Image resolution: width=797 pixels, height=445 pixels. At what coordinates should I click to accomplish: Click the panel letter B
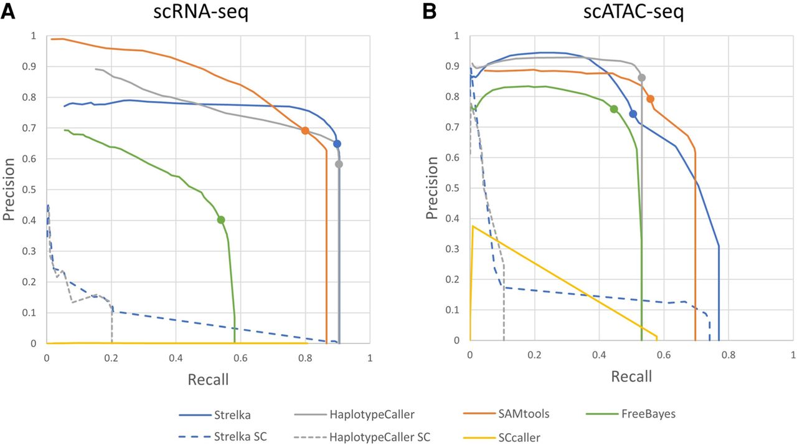430,12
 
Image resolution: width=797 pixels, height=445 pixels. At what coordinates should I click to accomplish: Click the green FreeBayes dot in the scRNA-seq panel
220,219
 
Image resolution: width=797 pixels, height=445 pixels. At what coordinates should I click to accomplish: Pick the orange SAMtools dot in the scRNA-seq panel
305,130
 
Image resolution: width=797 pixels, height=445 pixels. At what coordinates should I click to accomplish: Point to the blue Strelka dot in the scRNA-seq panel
337,144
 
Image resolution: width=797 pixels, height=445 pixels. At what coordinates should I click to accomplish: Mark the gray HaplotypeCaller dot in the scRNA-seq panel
339,165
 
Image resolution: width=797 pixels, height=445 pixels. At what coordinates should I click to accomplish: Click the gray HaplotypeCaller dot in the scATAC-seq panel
642,78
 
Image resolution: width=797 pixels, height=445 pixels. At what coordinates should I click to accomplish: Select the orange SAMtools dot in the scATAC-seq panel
650,98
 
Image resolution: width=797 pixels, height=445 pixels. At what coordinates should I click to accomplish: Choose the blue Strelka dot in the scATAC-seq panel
633,114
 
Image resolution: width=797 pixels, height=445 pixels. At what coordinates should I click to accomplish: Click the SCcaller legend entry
518,437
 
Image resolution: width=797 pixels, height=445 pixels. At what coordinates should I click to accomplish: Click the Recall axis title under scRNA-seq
208,379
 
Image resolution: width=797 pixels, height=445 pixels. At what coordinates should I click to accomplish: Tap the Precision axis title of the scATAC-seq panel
432,187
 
